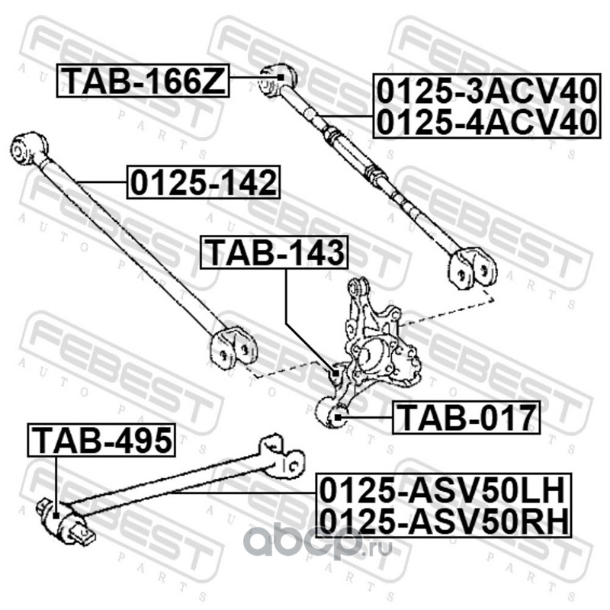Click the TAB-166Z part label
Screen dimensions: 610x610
pyautogui.click(x=144, y=80)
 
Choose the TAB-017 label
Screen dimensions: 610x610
pyautogui.click(x=466, y=417)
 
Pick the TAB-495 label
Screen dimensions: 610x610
pyautogui.click(x=101, y=440)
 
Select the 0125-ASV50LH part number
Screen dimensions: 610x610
pyautogui.click(x=444, y=487)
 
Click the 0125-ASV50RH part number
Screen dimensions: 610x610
pyautogui.click(x=444, y=520)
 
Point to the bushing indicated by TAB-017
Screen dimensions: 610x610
pyautogui.click(x=339, y=415)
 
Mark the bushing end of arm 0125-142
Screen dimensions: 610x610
pyautogui.click(x=30, y=146)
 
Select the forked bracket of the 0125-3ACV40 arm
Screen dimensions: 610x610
pyautogui.click(x=470, y=269)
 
